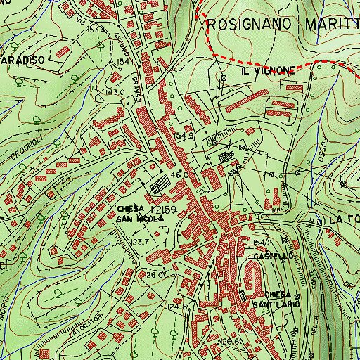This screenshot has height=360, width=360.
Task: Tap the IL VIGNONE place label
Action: (x=266, y=72)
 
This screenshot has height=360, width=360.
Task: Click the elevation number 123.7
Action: (x=140, y=242)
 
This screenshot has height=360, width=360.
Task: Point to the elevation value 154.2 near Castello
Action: (x=262, y=243)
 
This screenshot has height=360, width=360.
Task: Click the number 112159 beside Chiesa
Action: (x=162, y=210)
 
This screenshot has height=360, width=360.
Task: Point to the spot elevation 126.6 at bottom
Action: (x=228, y=340)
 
